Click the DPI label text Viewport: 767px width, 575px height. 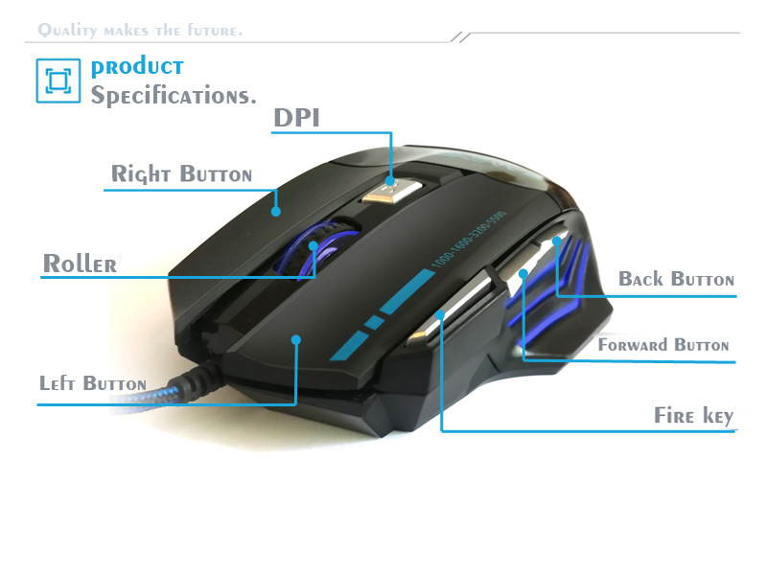(296, 118)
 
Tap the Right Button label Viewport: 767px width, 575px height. (181, 174)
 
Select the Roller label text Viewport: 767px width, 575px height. (80, 264)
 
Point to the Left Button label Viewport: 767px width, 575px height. (92, 383)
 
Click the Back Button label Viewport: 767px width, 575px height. (676, 279)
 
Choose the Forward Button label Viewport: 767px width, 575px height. (663, 345)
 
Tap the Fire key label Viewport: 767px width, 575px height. (693, 416)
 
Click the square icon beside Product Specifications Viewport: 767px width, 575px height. (58, 80)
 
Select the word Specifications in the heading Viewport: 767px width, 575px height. (174, 96)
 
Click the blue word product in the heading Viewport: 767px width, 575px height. (137, 67)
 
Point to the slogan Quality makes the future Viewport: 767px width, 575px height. (140, 31)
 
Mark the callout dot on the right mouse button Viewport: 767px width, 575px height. (277, 211)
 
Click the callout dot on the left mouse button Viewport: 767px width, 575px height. (296, 338)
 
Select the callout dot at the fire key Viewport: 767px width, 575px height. (440, 313)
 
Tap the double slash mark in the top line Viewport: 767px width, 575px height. (462, 36)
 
